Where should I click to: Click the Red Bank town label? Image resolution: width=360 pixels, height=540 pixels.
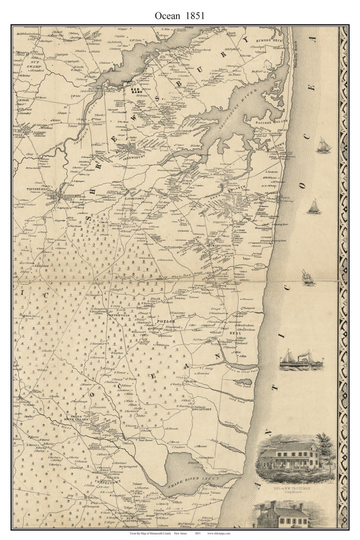tap(136, 90)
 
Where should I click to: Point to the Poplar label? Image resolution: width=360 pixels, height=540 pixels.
tap(162, 321)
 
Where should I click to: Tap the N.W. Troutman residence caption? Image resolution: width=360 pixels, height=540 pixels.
tap(295, 488)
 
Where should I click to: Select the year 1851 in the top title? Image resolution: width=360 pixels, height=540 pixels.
tap(194, 16)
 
